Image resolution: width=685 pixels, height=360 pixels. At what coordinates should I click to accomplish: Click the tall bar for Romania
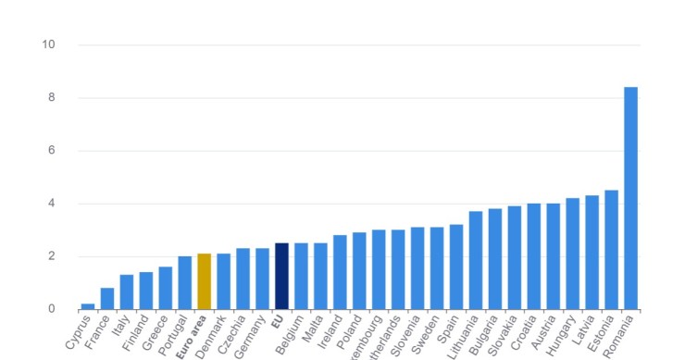(630, 198)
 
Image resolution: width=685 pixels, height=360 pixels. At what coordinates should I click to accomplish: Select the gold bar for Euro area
(205, 281)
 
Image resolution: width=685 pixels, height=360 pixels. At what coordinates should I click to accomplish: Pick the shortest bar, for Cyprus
(88, 306)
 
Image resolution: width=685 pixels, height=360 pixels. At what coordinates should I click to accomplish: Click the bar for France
(107, 298)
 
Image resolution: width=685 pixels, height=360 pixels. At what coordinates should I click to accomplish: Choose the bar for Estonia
(611, 250)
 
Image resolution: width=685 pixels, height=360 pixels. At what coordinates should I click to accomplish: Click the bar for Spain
(456, 267)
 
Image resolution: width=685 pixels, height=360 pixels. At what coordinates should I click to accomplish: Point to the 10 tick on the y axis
(49, 44)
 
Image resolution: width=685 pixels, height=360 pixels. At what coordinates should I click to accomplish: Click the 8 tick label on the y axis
(52, 97)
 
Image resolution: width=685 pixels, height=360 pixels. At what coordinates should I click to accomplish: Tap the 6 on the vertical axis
(52, 150)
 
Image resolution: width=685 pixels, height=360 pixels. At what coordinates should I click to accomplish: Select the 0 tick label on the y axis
(52, 309)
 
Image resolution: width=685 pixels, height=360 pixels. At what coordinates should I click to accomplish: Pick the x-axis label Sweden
(430, 334)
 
